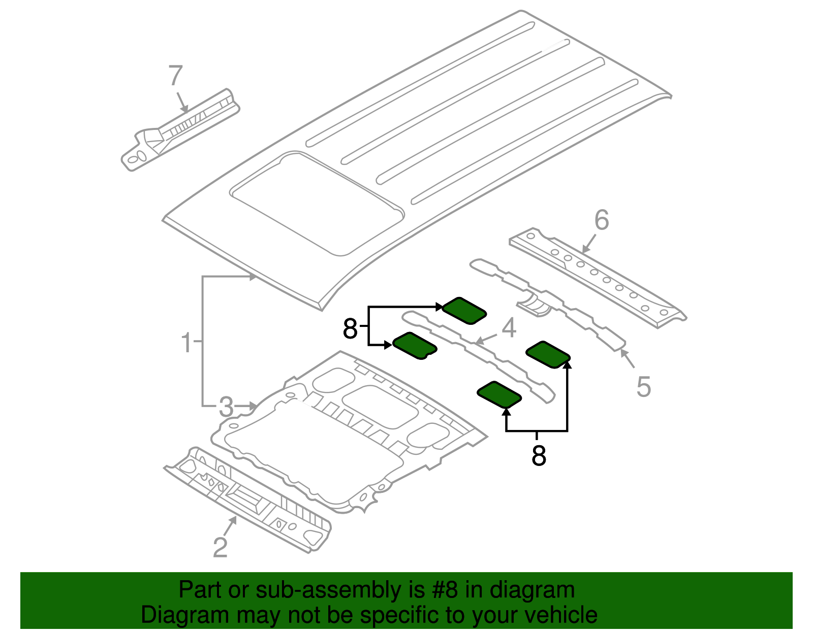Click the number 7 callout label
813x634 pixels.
pos(175,76)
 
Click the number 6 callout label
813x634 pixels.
pos(601,220)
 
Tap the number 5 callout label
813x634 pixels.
pos(643,387)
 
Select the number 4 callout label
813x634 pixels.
pos(509,328)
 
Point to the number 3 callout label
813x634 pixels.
pos(226,407)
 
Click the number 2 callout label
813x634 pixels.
pos(220,548)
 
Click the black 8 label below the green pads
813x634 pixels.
pos(539,456)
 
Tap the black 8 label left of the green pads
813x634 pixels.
pos(350,329)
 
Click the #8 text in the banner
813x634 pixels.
pos(445,590)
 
